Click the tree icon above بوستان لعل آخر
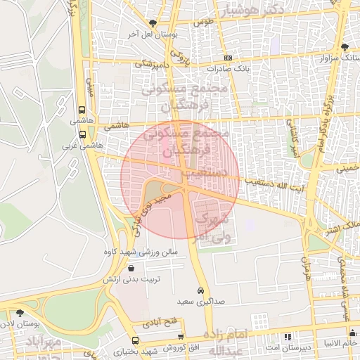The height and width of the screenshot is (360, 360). click(x=153, y=23)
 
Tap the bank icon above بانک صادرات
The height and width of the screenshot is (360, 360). click(x=227, y=58)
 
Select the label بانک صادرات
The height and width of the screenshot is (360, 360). click(x=229, y=69)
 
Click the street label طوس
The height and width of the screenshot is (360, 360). click(x=203, y=22)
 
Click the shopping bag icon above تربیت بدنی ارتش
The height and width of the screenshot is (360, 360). click(x=131, y=268)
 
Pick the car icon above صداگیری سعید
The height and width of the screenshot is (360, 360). click(x=200, y=290)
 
